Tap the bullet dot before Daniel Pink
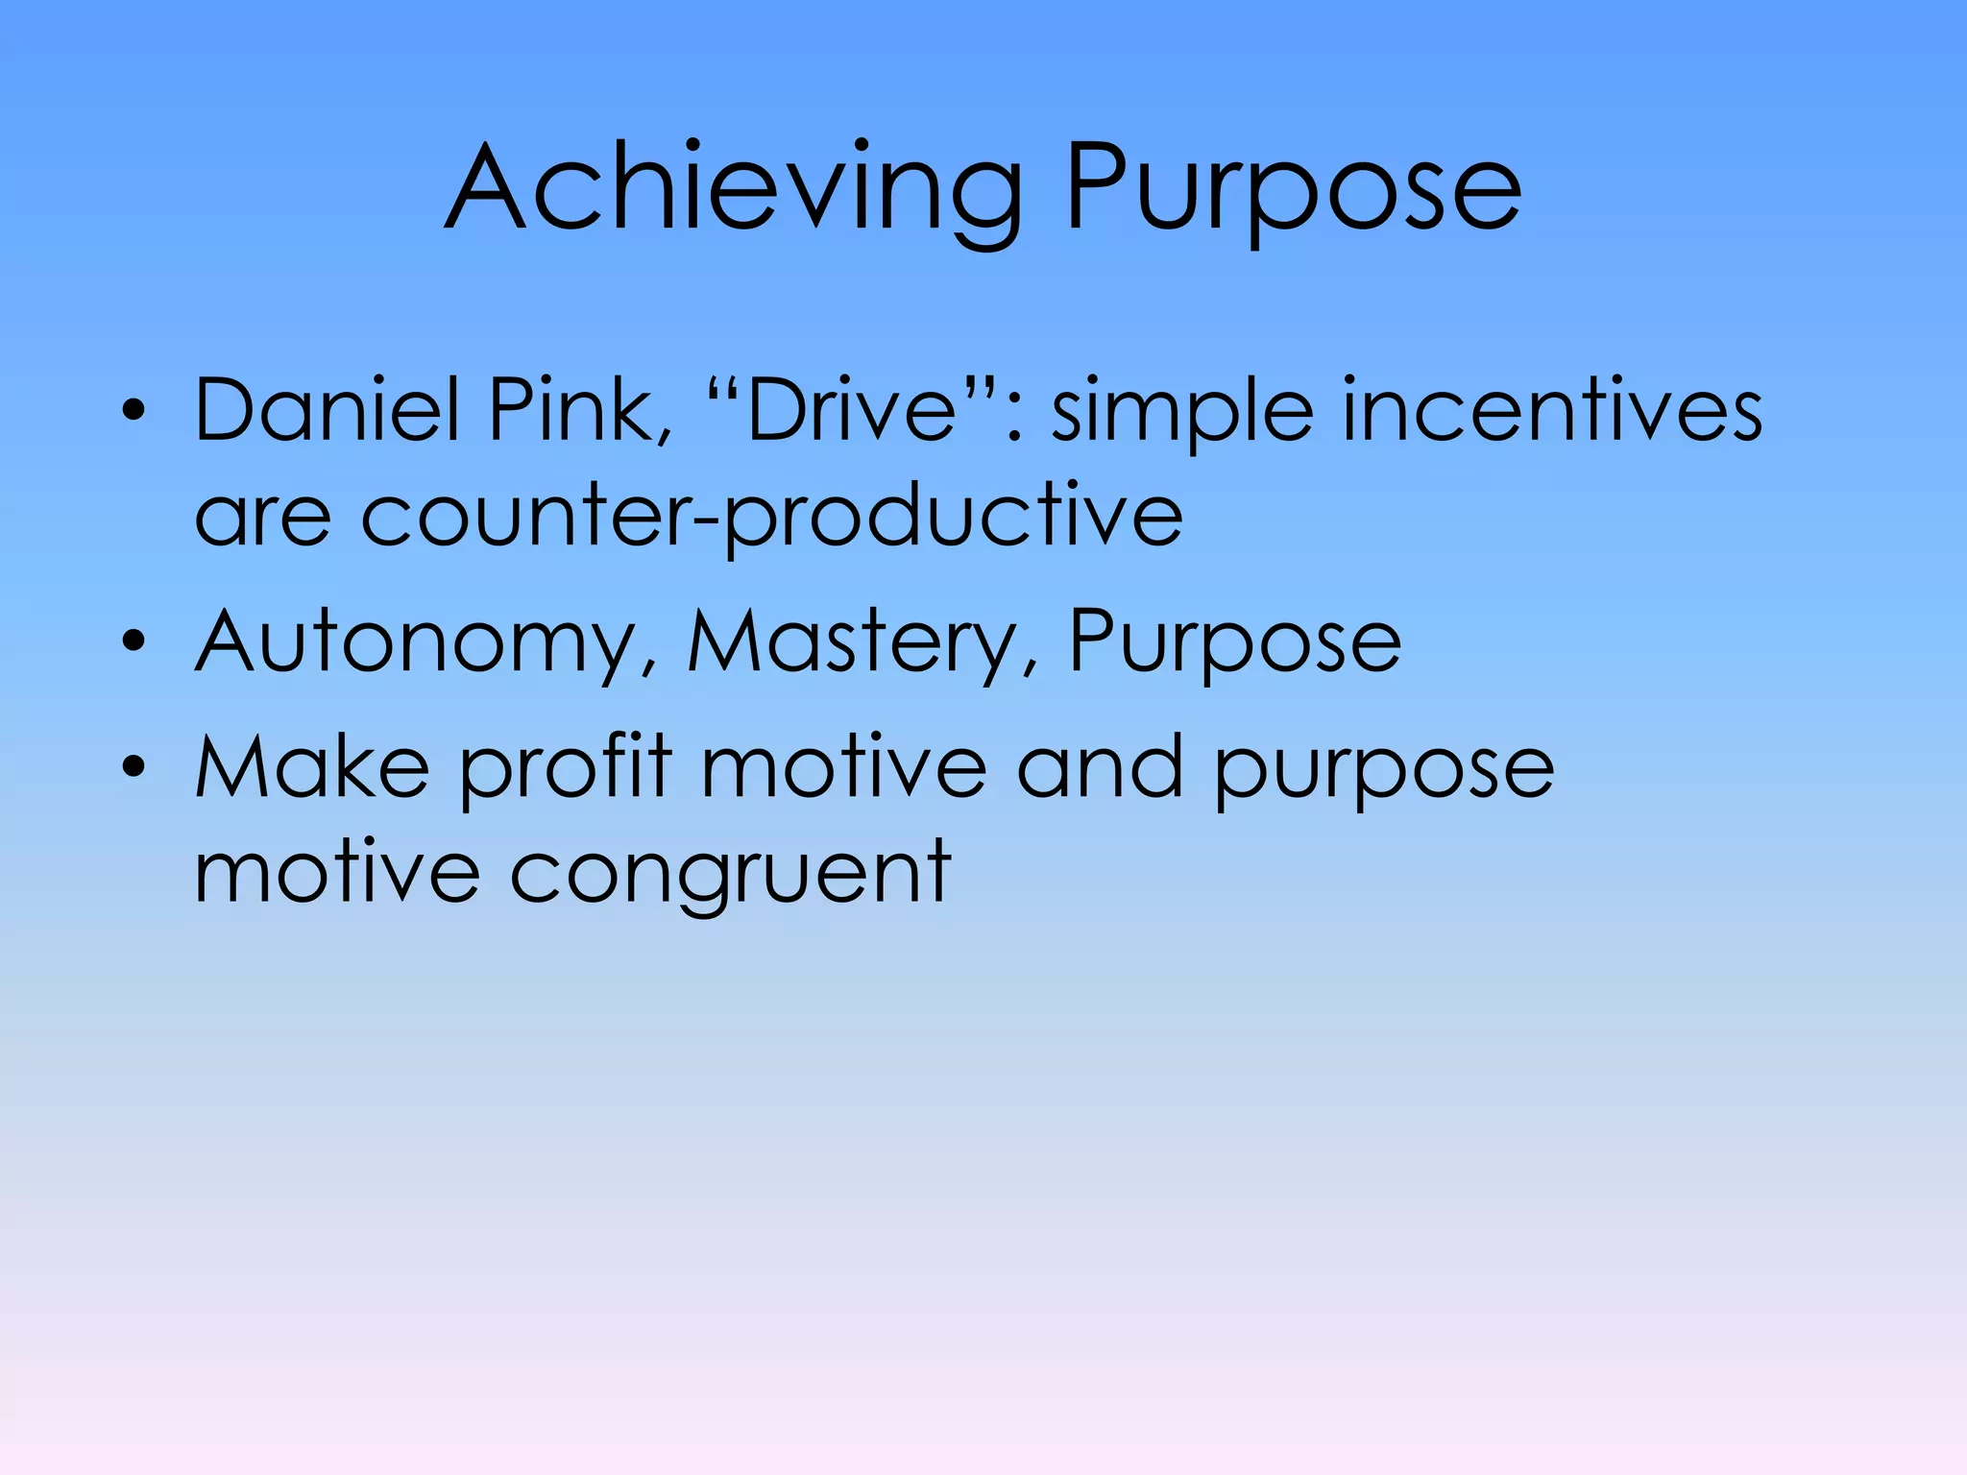pyautogui.click(x=134, y=411)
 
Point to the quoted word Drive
pyautogui.click(x=851, y=410)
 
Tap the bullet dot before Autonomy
pyautogui.click(x=134, y=641)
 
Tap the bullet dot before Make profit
pyautogui.click(x=134, y=766)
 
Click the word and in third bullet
pyautogui.click(x=1099, y=766)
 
